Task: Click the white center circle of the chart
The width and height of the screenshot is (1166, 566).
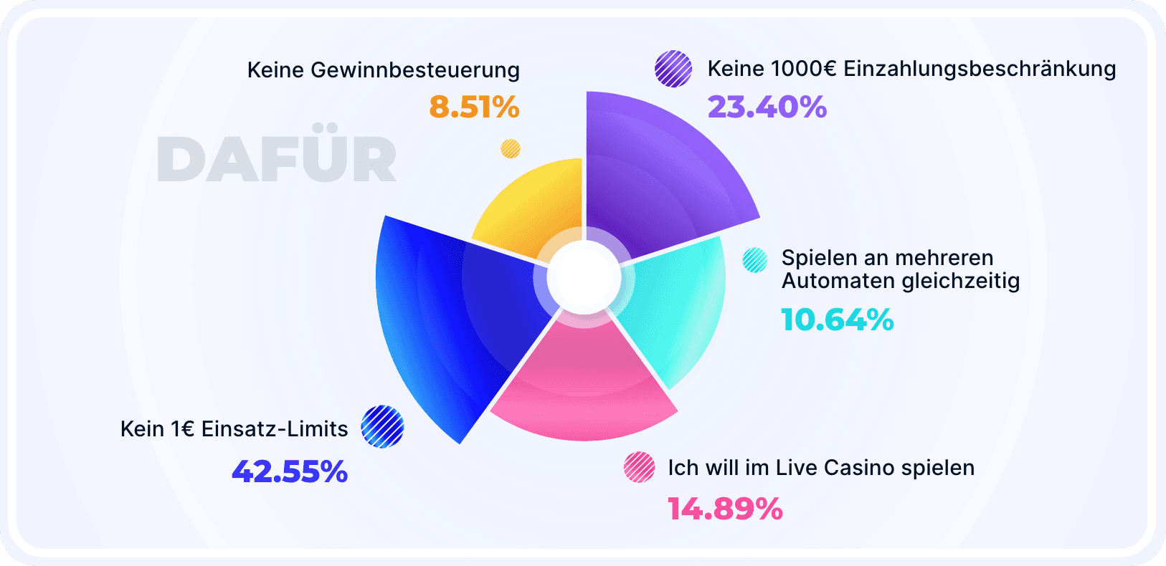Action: (x=584, y=279)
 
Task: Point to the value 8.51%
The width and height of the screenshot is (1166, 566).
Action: (x=474, y=107)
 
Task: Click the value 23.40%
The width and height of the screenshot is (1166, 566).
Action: (x=767, y=107)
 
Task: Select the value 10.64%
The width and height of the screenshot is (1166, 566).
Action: (x=837, y=320)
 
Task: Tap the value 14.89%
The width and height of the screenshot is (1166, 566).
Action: (x=725, y=509)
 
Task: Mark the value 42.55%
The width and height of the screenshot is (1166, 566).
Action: (x=290, y=471)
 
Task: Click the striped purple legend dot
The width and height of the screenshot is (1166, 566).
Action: (x=673, y=69)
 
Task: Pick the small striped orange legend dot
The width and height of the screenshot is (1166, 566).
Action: (x=511, y=148)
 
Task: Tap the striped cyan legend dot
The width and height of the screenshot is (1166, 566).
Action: (x=755, y=260)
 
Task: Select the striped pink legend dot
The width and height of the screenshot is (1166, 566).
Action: (x=639, y=467)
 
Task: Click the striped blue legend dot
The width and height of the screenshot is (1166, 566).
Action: (x=382, y=427)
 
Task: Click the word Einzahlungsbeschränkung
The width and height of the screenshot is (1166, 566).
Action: (x=980, y=69)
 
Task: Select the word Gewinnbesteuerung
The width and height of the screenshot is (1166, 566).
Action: (x=415, y=70)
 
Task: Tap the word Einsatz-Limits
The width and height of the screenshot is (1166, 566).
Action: (x=275, y=428)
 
